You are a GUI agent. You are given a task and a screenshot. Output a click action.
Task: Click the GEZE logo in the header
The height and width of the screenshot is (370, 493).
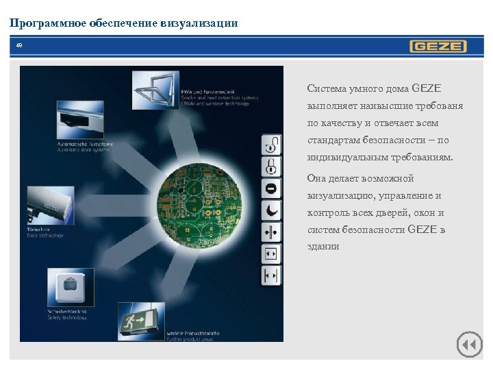pyautogui.click(x=438, y=47)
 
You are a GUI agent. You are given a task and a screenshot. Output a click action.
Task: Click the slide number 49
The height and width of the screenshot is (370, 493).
pyautogui.click(x=19, y=47)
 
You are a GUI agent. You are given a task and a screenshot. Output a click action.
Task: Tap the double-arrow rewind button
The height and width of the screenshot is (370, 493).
pyautogui.click(x=469, y=345)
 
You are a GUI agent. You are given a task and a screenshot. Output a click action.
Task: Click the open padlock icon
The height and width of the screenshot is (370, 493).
pyautogui.click(x=272, y=145)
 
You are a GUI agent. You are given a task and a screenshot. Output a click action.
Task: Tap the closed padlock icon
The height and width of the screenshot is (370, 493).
pyautogui.click(x=272, y=166)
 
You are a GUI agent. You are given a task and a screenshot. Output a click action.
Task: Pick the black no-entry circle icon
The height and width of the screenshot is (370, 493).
pyautogui.click(x=272, y=188)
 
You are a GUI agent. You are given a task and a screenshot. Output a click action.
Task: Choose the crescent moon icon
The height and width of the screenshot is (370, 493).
pyautogui.click(x=272, y=210)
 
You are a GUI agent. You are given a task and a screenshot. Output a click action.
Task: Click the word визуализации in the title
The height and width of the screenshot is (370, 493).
pyautogui.click(x=203, y=23)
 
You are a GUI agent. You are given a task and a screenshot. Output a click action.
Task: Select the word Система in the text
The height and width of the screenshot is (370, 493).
pyautogui.click(x=328, y=88)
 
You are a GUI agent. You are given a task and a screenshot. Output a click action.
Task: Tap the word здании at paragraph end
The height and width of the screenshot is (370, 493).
pyautogui.click(x=323, y=247)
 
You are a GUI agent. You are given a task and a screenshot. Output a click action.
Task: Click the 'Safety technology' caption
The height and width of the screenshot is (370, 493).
pyautogui.click(x=66, y=317)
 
